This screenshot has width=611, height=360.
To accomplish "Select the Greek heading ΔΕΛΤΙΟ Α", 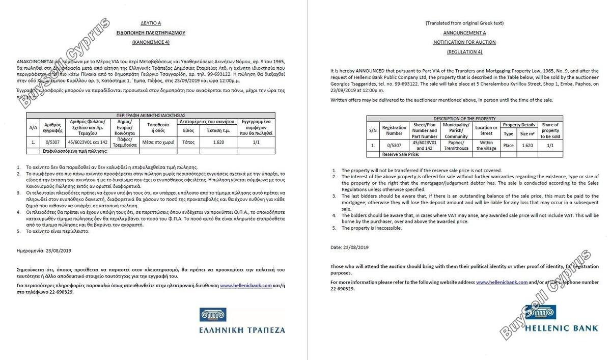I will [151, 23].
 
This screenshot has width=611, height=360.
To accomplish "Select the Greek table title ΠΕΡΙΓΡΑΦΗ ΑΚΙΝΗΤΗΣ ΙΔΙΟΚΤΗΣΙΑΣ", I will [150, 116].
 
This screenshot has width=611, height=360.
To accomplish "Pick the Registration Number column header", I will [394, 130].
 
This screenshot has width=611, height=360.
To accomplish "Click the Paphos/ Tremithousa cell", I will [456, 145].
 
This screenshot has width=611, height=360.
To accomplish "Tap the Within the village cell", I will [486, 145].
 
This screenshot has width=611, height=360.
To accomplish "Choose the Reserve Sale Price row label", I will [401, 154].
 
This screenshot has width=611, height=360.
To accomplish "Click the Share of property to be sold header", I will [550, 130].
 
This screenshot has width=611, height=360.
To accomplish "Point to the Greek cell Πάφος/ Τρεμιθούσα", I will [125, 142].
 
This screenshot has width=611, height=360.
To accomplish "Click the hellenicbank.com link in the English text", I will [502, 282].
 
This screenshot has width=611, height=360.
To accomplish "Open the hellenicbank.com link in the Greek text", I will [246, 286].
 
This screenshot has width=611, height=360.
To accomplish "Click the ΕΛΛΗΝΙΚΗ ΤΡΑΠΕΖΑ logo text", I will [242, 330].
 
